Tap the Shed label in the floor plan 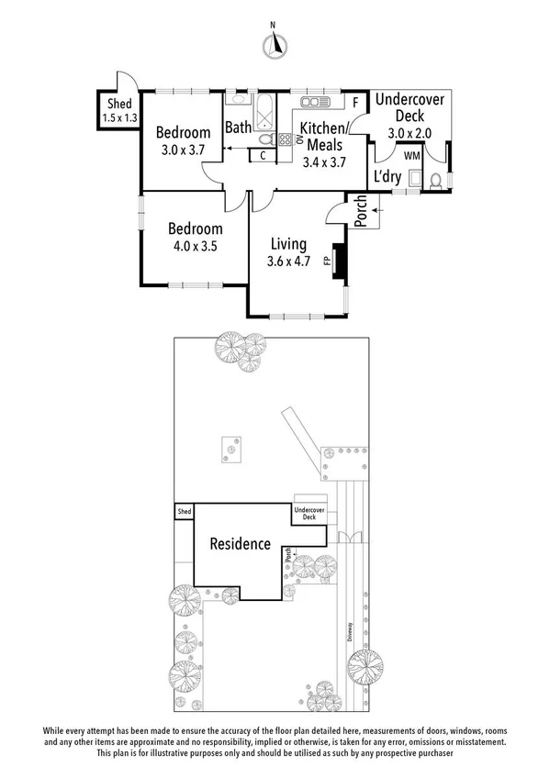(119, 104)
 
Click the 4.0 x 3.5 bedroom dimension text (195, 245)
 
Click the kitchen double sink (314, 101)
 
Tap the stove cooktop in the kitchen (285, 139)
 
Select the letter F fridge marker (356, 102)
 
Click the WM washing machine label (412, 157)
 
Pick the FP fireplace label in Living (327, 260)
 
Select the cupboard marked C (263, 155)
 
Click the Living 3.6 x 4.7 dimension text (289, 260)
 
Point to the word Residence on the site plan (241, 543)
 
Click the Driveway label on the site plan (350, 634)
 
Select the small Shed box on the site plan (185, 511)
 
